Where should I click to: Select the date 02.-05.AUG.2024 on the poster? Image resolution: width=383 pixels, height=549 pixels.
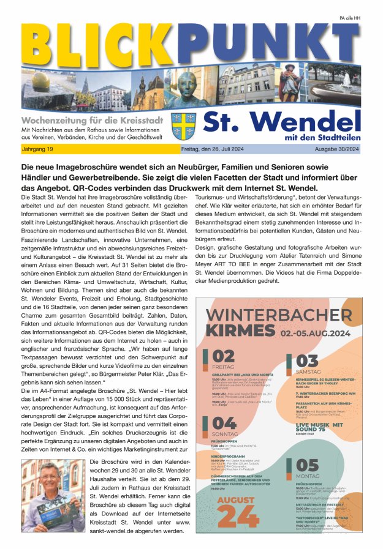point(316,334)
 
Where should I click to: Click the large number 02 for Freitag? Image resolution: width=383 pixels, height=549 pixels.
point(223,357)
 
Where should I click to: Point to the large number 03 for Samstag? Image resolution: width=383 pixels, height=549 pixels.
point(307,360)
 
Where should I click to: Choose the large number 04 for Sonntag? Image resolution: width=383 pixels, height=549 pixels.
point(224,423)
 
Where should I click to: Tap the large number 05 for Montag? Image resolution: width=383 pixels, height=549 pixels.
point(307,465)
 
